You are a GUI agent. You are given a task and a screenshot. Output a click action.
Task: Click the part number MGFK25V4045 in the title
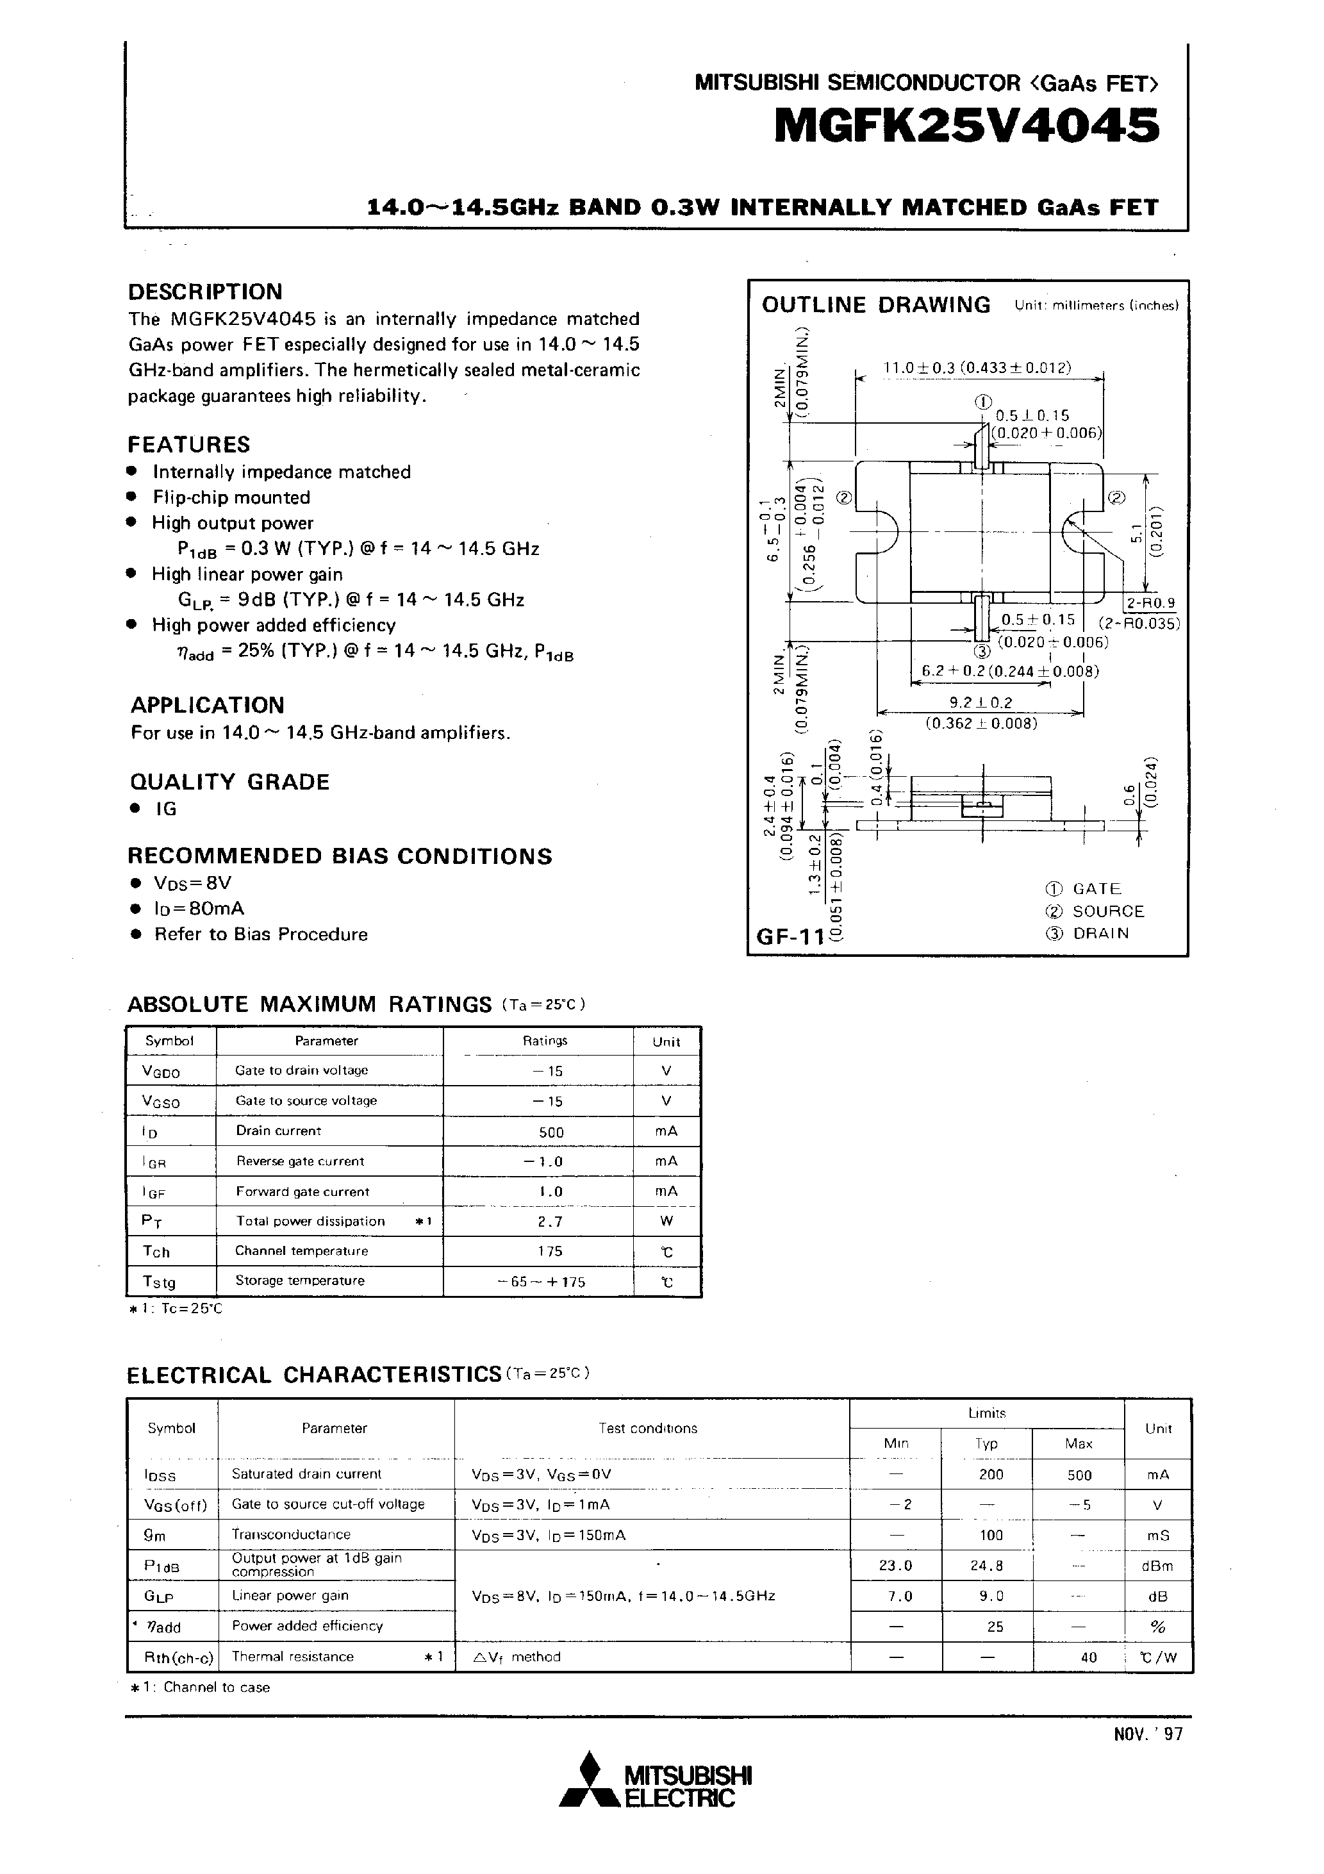[966, 128]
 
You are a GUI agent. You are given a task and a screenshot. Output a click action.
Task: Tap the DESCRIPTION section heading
[205, 292]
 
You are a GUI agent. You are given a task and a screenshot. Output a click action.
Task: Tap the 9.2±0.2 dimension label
[979, 702]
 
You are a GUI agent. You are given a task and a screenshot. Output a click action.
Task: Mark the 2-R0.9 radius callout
[1150, 603]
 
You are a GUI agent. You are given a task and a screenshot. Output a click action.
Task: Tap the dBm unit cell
[1158, 1566]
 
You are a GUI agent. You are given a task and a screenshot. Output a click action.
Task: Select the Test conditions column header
[647, 1429]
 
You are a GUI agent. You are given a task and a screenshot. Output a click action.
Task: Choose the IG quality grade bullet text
[166, 809]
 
